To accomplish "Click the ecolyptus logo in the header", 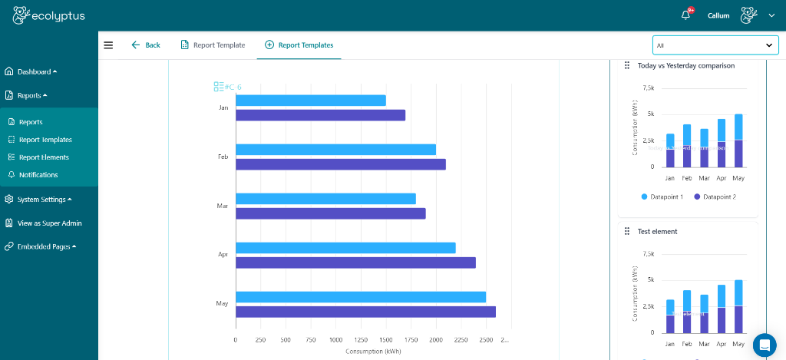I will pyautogui.click(x=51, y=15).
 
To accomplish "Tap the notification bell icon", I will pyautogui.click(x=685, y=15).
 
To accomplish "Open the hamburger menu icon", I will pyautogui.click(x=108, y=45).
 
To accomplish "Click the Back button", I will pyautogui.click(x=146, y=45).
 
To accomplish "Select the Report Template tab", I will pyautogui.click(x=213, y=45).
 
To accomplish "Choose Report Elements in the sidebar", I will pyautogui.click(x=43, y=157).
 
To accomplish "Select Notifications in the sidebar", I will pyautogui.click(x=38, y=175).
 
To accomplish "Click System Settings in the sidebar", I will pyautogui.click(x=42, y=200).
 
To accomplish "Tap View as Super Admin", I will pyautogui.click(x=49, y=223).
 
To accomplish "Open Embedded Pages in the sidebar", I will pyautogui.click(x=45, y=246).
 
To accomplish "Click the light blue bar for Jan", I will pyautogui.click(x=310, y=101).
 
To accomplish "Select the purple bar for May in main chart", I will pyautogui.click(x=365, y=312).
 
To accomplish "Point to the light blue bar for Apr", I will pyautogui.click(x=345, y=248).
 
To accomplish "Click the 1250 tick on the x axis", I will pyautogui.click(x=335, y=339).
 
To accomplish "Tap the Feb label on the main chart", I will pyautogui.click(x=223, y=157).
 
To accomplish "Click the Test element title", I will pyautogui.click(x=657, y=231).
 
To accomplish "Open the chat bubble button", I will pyautogui.click(x=765, y=345).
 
